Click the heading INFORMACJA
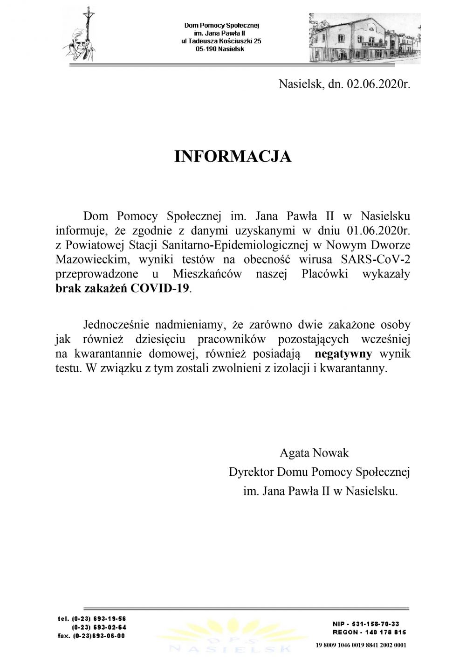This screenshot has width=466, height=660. click(233, 157)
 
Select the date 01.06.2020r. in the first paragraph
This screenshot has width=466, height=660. click(378, 230)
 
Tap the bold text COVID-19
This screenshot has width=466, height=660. click(161, 288)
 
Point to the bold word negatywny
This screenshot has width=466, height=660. click(343, 354)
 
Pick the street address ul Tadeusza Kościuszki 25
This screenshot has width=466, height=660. click(221, 41)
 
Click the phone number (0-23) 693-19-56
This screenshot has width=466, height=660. click(99, 619)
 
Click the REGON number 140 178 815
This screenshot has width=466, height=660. click(382, 632)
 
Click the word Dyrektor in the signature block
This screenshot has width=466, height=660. click(252, 472)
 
